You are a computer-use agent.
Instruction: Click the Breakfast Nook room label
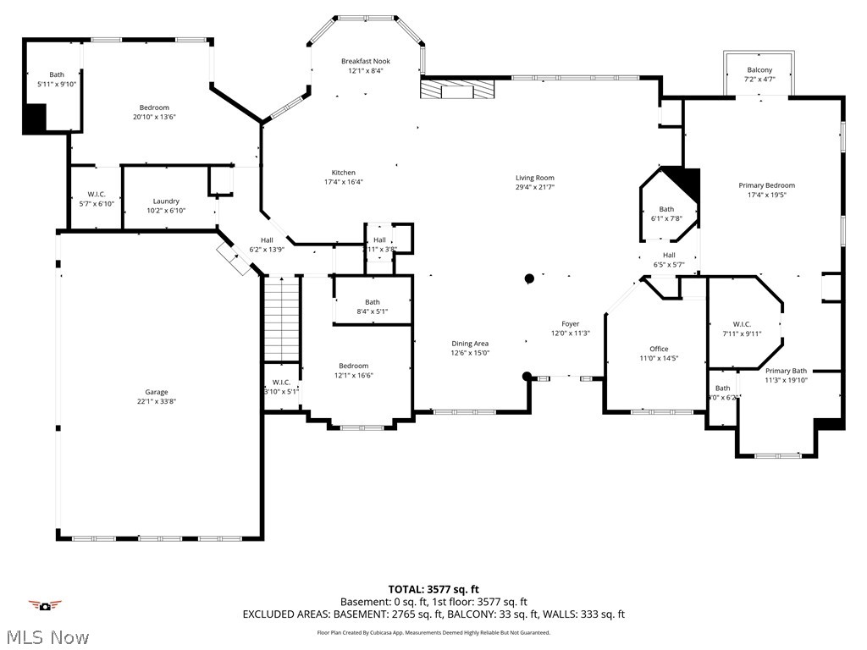click(365, 61)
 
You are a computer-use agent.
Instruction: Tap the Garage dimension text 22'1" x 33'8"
click(156, 402)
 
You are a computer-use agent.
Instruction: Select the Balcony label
click(759, 69)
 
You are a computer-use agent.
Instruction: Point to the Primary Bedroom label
click(766, 185)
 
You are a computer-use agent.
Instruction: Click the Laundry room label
click(166, 201)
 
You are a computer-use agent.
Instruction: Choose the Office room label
click(659, 349)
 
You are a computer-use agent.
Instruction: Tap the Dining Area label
click(470, 343)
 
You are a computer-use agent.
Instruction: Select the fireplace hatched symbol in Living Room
click(457, 89)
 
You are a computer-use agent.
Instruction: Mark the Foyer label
click(570, 323)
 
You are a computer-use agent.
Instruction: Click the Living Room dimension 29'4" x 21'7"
click(535, 188)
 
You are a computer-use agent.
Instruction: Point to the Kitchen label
click(344, 172)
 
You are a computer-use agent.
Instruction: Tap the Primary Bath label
click(786, 371)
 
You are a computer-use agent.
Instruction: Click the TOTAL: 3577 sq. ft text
click(433, 589)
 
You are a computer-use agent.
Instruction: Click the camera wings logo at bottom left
click(45, 605)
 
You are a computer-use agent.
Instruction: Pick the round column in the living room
click(529, 278)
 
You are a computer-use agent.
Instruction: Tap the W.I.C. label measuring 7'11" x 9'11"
click(742, 324)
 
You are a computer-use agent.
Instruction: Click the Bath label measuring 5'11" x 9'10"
click(56, 74)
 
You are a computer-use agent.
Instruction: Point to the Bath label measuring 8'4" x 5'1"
click(373, 302)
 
